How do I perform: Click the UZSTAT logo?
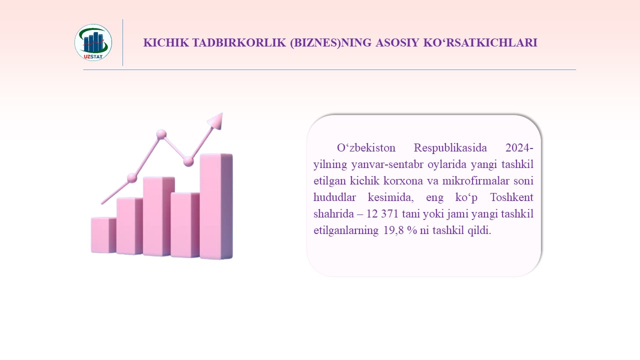pos(93,42)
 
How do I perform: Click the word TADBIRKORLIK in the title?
pos(239,42)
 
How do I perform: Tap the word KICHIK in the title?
pos(166,42)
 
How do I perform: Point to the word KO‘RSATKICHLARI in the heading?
pos(480,42)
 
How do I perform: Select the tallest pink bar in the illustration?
pos(216,206)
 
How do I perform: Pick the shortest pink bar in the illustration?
pos(103,235)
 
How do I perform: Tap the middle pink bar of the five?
pos(158,216)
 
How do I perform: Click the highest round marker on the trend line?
pos(161,134)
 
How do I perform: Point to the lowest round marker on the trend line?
pos(132,178)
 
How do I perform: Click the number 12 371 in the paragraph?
pos(382,213)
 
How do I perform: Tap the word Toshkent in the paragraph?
pos(511,197)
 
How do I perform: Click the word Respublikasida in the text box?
pos(450,148)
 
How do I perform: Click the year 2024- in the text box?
pos(519,148)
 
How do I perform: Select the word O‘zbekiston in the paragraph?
pos(366,148)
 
